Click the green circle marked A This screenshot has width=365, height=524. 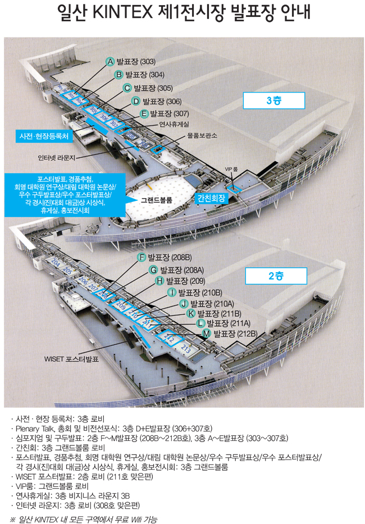pos(111,61)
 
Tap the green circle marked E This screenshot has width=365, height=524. pos(144,114)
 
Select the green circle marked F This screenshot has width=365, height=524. pos(142,257)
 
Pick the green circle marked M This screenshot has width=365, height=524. pos(206,334)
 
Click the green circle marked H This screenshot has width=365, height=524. pos(159,281)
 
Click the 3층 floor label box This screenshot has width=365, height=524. pos(274,100)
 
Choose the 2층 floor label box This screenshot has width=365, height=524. pos(275,275)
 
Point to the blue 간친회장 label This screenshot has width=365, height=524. pos(211,198)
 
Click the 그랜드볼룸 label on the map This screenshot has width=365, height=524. pos(156,199)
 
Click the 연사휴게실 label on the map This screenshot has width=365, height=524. pos(174,124)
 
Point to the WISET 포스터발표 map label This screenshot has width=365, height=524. pos(71,357)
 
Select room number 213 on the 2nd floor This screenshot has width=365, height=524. pos(186,349)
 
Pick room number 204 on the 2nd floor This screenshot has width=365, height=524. pos(55,263)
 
